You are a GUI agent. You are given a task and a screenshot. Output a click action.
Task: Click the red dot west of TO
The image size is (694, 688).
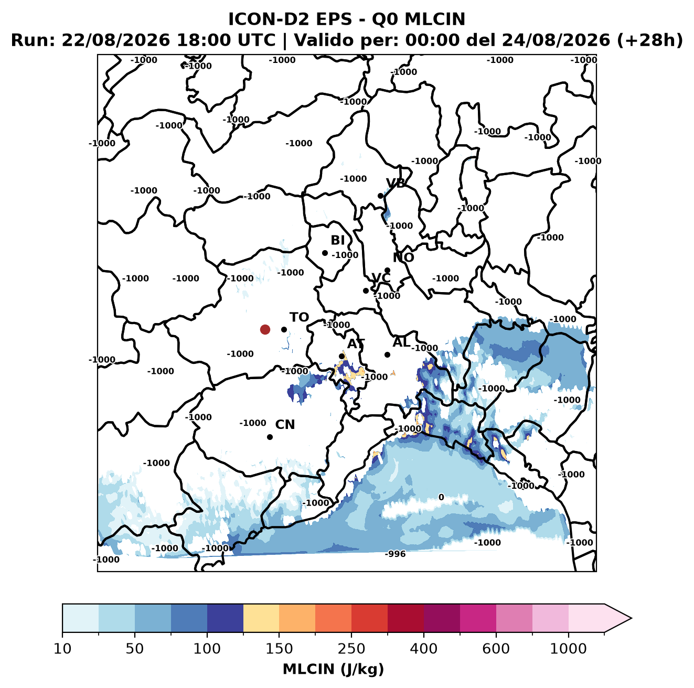coord(265,329)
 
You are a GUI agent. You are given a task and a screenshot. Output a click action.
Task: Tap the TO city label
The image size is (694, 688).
coord(299,317)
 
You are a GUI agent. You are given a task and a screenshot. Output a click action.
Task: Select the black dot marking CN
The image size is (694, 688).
coord(270,437)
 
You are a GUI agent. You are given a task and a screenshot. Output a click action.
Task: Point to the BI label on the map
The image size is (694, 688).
coord(337,240)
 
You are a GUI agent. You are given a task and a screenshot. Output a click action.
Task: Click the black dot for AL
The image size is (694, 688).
coord(387,354)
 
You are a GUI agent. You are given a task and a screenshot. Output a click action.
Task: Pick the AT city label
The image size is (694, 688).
coord(356,344)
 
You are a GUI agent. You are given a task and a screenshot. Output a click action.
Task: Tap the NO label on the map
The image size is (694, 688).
coord(403,258)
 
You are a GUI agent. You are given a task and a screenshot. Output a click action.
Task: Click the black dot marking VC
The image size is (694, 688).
coord(366,291)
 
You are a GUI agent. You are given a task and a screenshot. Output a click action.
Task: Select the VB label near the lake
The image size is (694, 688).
coord(396,183)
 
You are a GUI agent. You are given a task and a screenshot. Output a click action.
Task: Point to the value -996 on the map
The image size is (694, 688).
coord(395,554)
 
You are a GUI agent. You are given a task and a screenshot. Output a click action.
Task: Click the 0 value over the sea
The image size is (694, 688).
coord(441,497)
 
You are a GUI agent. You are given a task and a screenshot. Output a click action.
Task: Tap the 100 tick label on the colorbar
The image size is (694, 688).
coord(207,649)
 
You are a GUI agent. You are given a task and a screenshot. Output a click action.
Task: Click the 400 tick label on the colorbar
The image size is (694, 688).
coord(423,649)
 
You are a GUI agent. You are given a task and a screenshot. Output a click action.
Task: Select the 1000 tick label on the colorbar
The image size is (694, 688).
coord(568,649)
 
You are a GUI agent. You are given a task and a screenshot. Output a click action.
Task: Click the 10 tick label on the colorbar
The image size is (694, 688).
coord(62,649)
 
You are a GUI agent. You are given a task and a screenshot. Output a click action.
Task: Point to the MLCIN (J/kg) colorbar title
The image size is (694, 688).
coord(333,669)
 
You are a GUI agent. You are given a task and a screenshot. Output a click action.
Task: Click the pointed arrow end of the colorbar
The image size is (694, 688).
coord(631,619)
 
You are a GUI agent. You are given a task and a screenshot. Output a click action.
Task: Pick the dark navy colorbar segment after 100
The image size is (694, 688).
coord(225,619)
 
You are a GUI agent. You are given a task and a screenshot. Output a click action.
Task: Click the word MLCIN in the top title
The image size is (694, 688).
coord(435,19)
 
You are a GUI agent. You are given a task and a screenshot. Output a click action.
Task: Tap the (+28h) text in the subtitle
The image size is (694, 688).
coord(650,40)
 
